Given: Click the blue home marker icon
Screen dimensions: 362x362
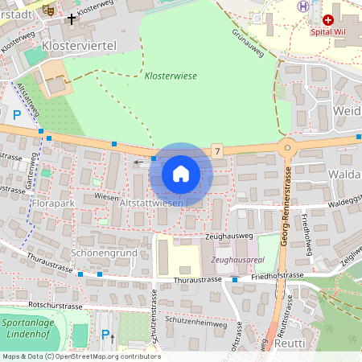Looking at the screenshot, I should pos(181,174).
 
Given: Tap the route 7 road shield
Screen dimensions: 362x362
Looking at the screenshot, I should pos(217,150).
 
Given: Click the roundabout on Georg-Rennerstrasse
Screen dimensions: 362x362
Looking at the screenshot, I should pos(286,147).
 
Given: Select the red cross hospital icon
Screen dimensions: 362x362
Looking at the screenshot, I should pos(327,19).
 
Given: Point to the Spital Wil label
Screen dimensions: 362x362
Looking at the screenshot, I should pos(328,32).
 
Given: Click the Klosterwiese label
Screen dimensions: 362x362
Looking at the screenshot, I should pos(170,76).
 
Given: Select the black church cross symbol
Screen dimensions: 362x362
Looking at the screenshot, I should pos(72,17).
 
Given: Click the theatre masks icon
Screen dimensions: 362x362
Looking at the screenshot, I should pos(48,10).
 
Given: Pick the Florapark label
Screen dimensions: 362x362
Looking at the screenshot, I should pos(54,204).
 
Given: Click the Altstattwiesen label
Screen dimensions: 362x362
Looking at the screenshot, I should pos(150,204).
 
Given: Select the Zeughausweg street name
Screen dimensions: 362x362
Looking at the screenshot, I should pos(228,237).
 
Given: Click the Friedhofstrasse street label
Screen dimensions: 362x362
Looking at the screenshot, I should pos(277,275).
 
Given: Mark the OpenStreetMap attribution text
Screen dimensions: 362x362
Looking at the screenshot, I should pos(81,356).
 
